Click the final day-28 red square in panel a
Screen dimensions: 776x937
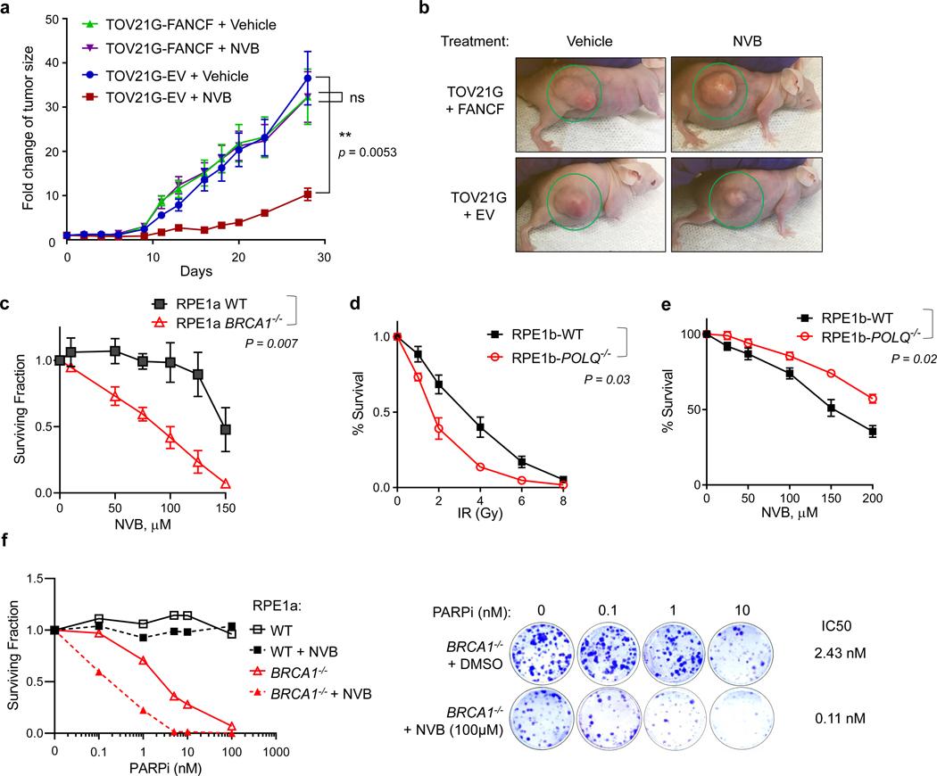(307, 194)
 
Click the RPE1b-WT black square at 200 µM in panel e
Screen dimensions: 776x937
(872, 432)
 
